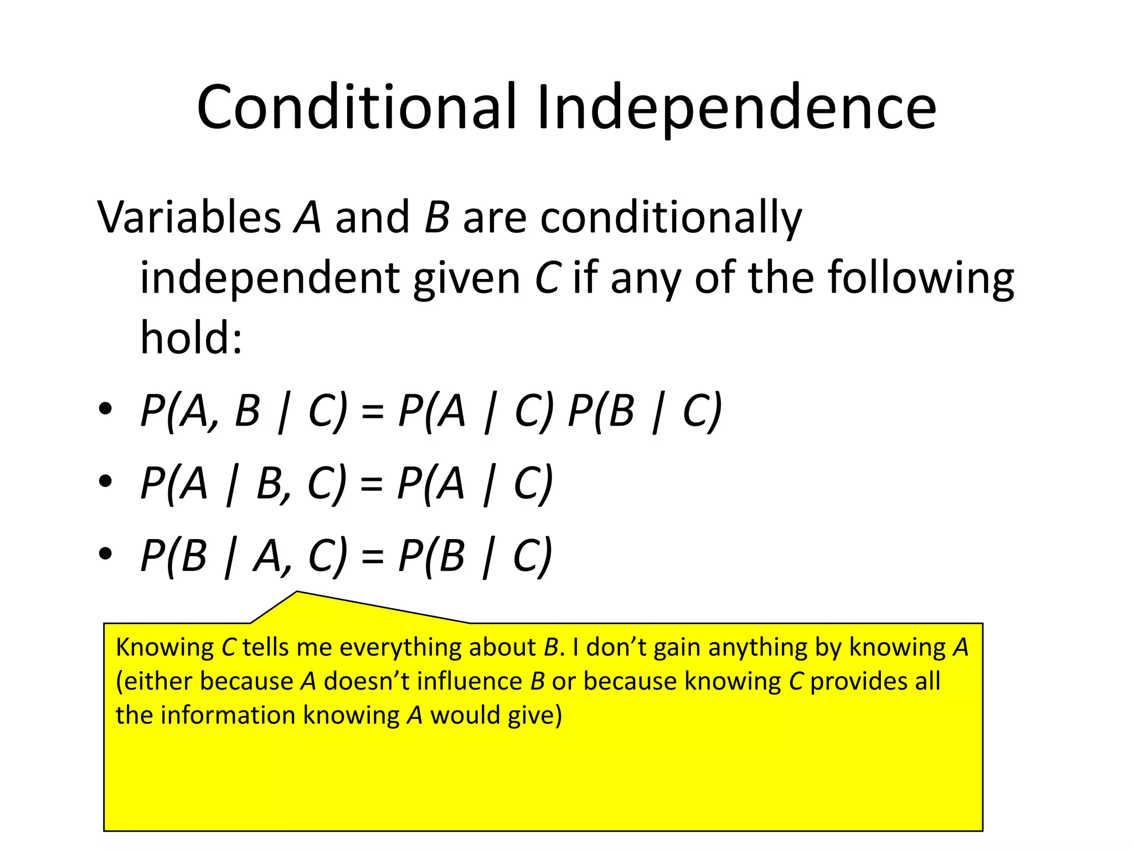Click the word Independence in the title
coord(736,107)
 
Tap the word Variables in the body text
coord(189,217)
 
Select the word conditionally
coord(671,218)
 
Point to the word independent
coord(269,278)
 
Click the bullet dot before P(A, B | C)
coord(105,410)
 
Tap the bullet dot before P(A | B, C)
coord(105,482)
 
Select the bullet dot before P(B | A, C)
coord(105,554)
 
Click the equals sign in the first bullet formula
coord(372,413)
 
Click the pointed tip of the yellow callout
coord(297,593)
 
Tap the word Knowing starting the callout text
coord(164,647)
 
